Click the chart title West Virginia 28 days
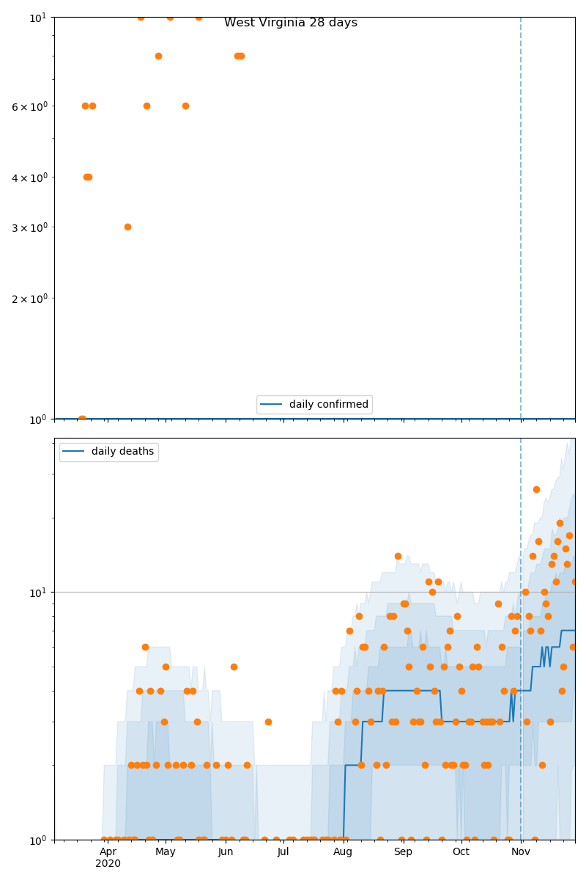pyautogui.click(x=291, y=23)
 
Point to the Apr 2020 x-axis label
pyautogui.click(x=108, y=857)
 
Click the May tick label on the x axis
pyautogui.click(x=165, y=851)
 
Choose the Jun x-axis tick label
pyautogui.click(x=226, y=851)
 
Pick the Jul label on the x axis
pyautogui.click(x=283, y=851)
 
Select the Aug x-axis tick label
pyautogui.click(x=343, y=851)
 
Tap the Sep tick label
pyautogui.click(x=403, y=851)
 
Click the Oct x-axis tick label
pyautogui.click(x=461, y=851)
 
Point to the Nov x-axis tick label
pyautogui.click(x=521, y=851)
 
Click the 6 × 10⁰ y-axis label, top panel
pyautogui.click(x=29, y=106)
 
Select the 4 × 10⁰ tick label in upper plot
pyautogui.click(x=29, y=177)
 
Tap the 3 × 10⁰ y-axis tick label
pyautogui.click(x=29, y=227)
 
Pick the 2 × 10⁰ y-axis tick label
pyautogui.click(x=29, y=298)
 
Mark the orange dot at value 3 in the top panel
pyautogui.click(x=127, y=227)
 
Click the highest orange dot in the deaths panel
pyautogui.click(x=536, y=489)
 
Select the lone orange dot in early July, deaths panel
pyautogui.click(x=268, y=722)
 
